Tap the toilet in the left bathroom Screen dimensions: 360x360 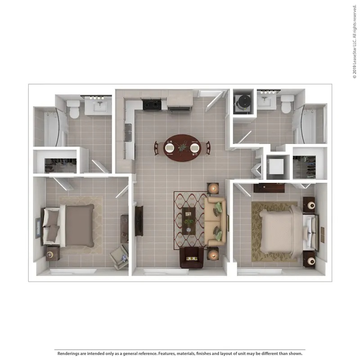73,109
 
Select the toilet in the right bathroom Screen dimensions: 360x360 287,104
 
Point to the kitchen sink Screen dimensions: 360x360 128,133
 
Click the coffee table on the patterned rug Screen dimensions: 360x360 189,221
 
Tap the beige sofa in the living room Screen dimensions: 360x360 215,221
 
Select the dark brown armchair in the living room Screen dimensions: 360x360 192,257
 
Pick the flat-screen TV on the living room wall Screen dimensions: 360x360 139,221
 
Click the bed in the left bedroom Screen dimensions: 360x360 69,225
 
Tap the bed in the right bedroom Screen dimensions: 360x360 288,232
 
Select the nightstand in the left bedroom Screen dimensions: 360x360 53,253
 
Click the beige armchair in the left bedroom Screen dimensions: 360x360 119,257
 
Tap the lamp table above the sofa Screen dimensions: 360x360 213,189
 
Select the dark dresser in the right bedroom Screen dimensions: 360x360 269,188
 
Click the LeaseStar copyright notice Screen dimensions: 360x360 355,41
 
